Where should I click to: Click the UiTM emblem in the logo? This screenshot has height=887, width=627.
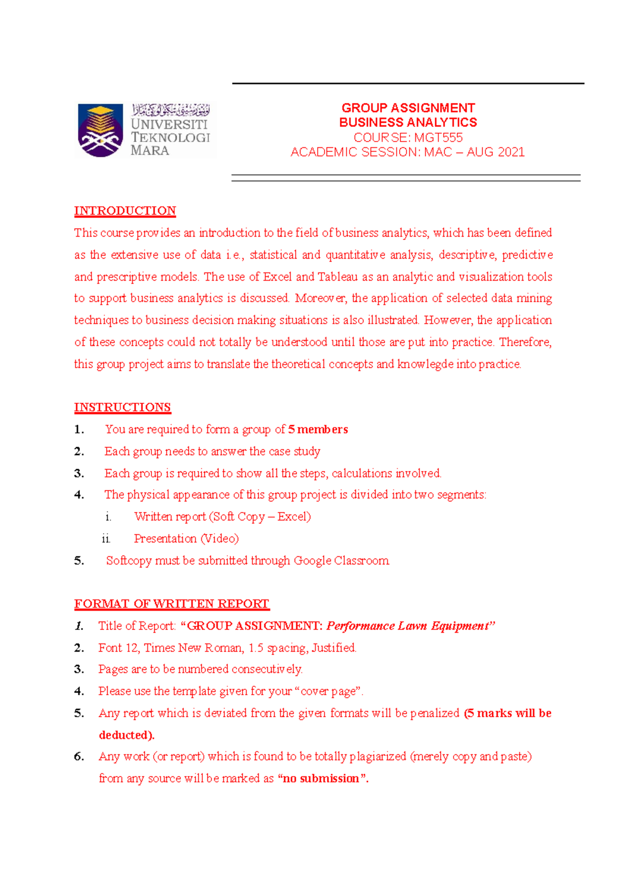(100, 130)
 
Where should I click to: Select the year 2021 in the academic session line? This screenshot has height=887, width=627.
(510, 152)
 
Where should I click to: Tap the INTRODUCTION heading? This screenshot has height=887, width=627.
(125, 211)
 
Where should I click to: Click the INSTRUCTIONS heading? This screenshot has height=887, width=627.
(122, 407)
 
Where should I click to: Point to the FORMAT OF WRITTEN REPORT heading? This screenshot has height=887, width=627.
(171, 603)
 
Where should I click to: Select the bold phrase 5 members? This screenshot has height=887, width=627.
(318, 429)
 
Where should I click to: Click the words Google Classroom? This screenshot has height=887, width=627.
(341, 561)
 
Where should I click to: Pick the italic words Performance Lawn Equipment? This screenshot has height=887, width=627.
(408, 626)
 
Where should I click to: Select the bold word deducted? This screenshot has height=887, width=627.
(125, 735)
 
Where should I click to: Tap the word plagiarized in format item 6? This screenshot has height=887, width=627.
(378, 756)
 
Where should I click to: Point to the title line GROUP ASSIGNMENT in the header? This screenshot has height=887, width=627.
(408, 108)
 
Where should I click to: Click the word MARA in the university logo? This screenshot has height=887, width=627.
(149, 150)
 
